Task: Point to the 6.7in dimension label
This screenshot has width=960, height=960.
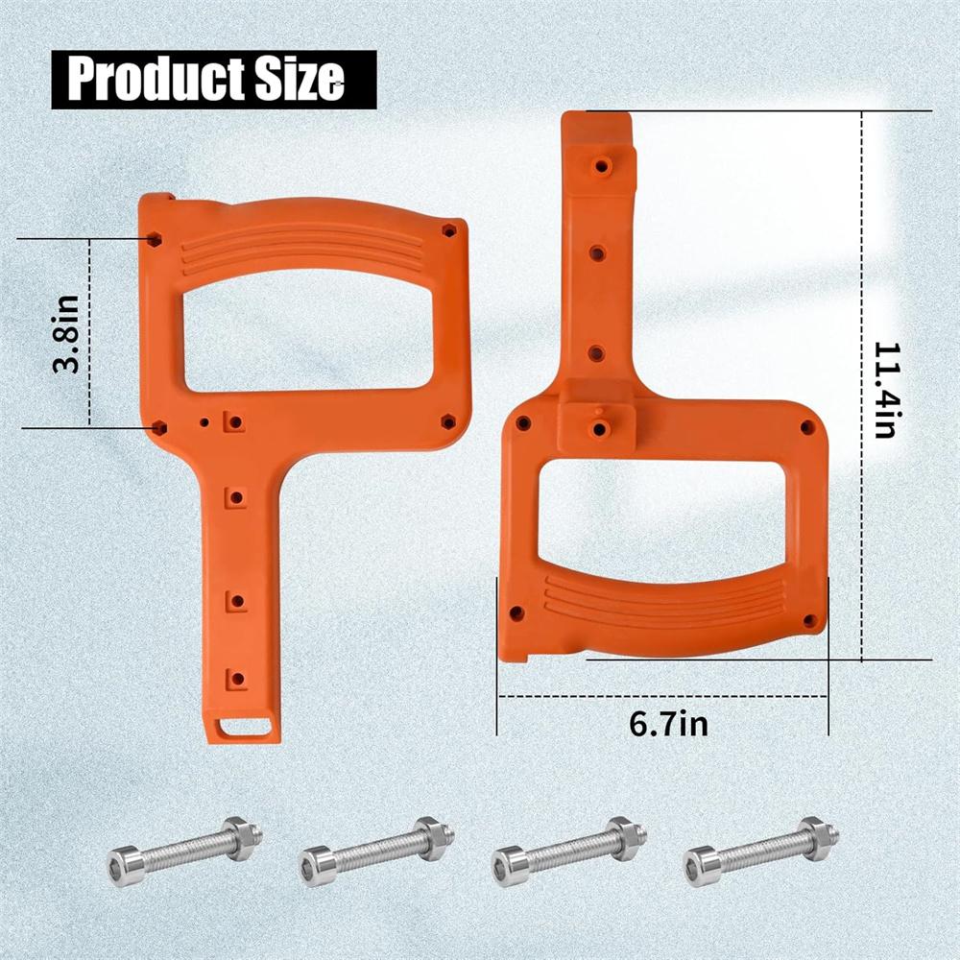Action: (668, 722)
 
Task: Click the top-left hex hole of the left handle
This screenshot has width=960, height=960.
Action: (155, 238)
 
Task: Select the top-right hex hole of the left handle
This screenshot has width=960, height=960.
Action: (448, 230)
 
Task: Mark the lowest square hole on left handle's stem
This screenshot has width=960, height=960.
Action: (237, 680)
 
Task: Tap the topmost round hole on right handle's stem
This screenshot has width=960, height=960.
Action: (602, 166)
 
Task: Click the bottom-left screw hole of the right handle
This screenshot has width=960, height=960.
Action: (516, 612)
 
